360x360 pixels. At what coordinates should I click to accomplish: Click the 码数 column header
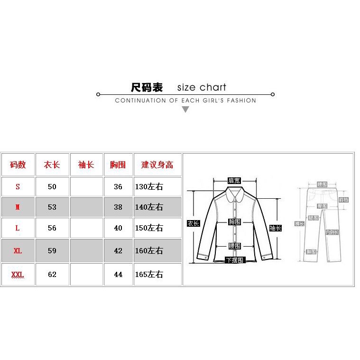point(18,165)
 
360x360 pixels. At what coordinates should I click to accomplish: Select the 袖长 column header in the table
point(86,165)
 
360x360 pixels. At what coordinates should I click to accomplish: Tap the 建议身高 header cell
point(157,165)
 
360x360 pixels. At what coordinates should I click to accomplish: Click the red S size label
point(18,187)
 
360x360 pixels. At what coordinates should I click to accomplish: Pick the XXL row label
point(18,275)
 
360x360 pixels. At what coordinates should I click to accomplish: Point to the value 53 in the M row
point(52,207)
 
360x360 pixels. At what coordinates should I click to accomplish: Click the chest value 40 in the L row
point(118,228)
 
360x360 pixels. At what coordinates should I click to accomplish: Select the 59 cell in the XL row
point(52,251)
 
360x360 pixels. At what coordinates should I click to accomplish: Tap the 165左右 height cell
point(149,275)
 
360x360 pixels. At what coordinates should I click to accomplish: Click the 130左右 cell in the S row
point(149,187)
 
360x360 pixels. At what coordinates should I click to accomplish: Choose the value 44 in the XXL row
point(118,275)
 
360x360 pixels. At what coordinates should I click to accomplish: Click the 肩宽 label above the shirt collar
point(234,181)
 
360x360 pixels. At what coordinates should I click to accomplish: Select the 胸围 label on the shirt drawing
point(234,222)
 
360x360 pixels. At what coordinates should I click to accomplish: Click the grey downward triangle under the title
point(185,110)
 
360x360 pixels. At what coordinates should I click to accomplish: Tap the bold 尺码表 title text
point(147,87)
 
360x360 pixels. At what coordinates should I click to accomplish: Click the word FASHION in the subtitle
point(240,101)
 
